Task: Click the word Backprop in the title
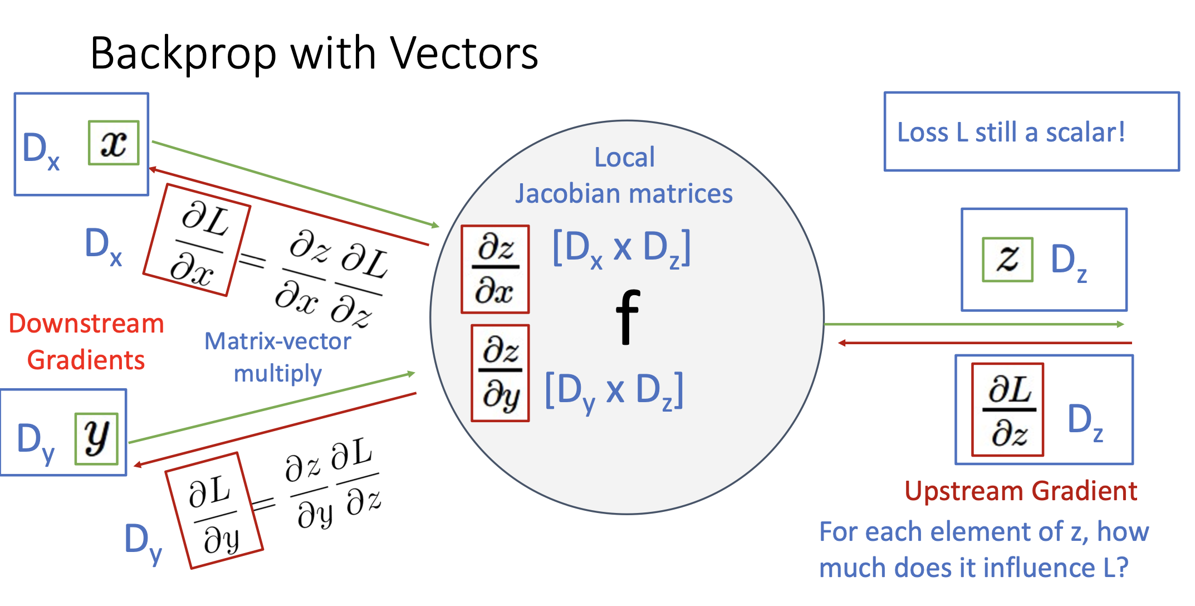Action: (x=183, y=54)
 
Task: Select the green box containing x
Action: (x=114, y=143)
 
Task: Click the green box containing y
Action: (x=96, y=438)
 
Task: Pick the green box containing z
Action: (x=1007, y=260)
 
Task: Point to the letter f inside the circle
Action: (x=628, y=317)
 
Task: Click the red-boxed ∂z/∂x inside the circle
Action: (x=495, y=269)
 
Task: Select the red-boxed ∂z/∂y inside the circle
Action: (x=500, y=373)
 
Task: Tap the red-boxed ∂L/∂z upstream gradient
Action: (x=1008, y=410)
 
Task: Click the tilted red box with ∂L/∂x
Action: (x=197, y=240)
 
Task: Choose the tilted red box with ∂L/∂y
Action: (x=214, y=510)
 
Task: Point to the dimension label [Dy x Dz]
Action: (x=614, y=390)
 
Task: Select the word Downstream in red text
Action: (x=86, y=324)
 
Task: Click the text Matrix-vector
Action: (x=278, y=341)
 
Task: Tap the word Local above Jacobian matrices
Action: (x=624, y=157)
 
